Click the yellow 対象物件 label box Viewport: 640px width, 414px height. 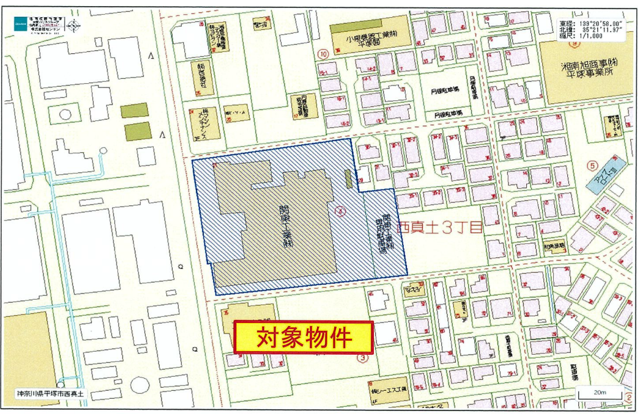click(304, 336)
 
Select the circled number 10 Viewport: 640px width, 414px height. click(323, 53)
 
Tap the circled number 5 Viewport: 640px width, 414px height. click(591, 164)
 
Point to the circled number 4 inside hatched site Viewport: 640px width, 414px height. click(341, 211)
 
